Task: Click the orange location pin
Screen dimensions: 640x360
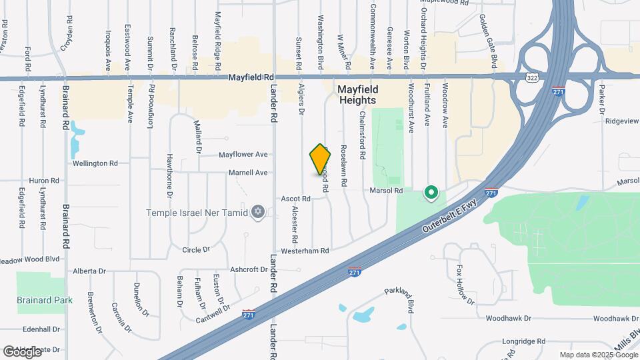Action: [321, 159]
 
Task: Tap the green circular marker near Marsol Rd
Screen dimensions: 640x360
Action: [431, 193]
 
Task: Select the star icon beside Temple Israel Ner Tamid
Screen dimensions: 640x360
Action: [258, 213]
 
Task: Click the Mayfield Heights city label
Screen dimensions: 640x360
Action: [358, 94]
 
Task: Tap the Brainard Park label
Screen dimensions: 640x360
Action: [45, 300]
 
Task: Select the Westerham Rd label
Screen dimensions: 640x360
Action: [305, 251]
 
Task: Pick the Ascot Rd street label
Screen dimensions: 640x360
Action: [296, 199]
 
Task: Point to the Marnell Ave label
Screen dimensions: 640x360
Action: [248, 173]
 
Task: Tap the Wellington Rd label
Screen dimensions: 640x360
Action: [95, 163]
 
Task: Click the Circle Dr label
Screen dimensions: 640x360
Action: [196, 250]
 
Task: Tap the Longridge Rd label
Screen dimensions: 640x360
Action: [525, 341]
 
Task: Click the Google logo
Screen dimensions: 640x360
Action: [22, 351]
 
